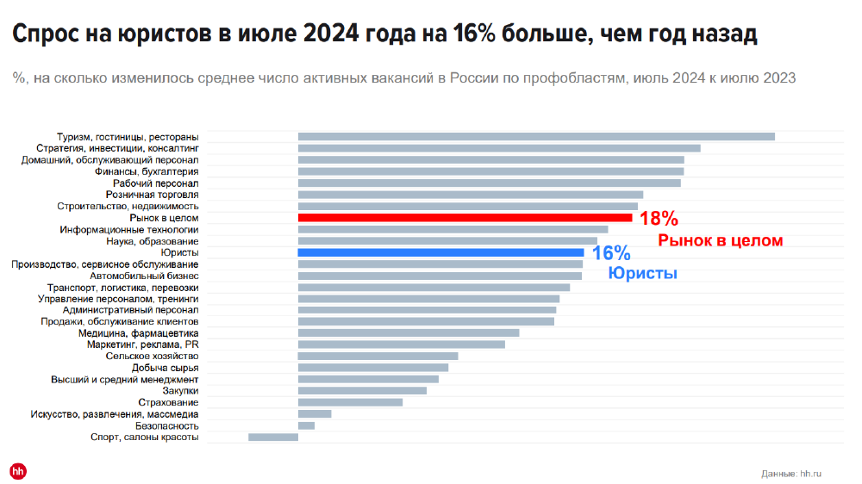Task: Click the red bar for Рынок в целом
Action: [465, 218]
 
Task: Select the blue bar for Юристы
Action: [440, 252]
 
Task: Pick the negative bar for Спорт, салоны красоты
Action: [273, 437]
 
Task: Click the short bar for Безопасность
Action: [306, 425]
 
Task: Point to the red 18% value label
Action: [659, 219]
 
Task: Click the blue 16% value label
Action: [611, 253]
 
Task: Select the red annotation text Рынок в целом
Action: [721, 240]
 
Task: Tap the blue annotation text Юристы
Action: [642, 273]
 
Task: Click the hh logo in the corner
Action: [18, 470]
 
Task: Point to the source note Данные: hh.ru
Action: [791, 474]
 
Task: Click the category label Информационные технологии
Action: [129, 230]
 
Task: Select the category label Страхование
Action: [168, 402]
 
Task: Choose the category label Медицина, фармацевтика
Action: [138, 333]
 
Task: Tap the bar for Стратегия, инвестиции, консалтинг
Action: [499, 148]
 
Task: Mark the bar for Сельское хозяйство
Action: [378, 356]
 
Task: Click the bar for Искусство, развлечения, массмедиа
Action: [315, 413]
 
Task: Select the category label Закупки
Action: [180, 391]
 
